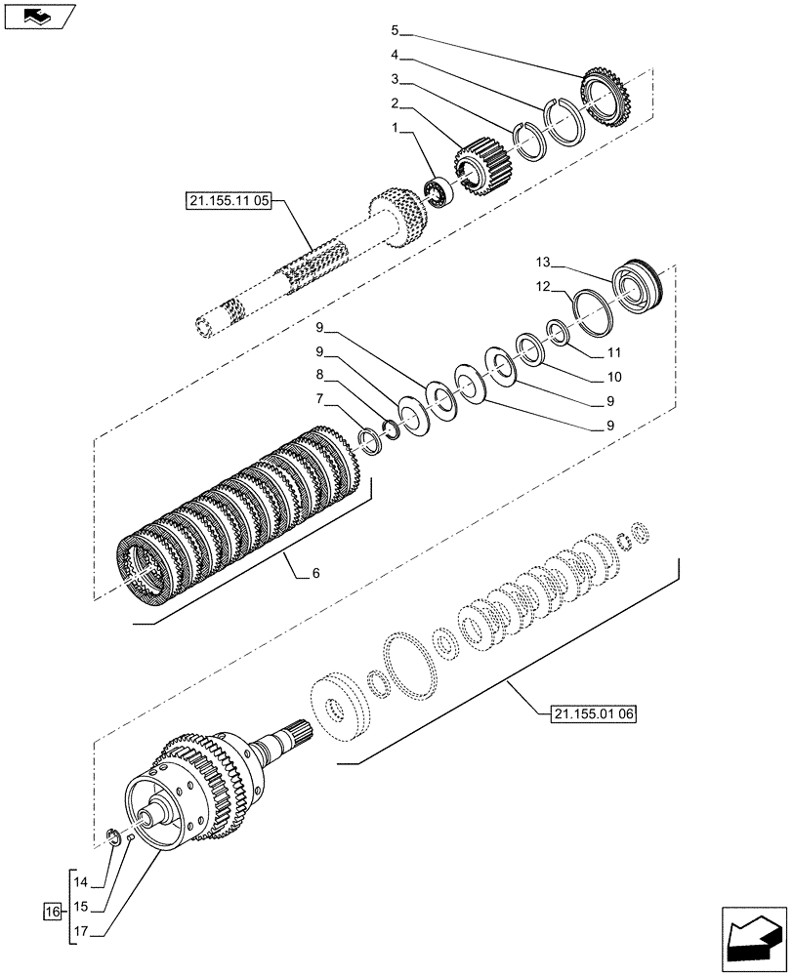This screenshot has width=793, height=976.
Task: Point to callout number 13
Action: [543, 262]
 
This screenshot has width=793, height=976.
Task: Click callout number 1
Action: [395, 127]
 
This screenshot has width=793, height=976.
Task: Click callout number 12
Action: [543, 287]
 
